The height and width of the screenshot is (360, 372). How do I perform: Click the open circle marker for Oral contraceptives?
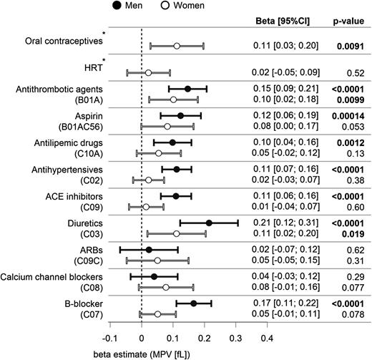(x=177, y=47)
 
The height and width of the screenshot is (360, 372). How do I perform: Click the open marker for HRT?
(x=148, y=72)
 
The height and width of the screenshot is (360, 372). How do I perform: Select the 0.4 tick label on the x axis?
(x=267, y=337)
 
